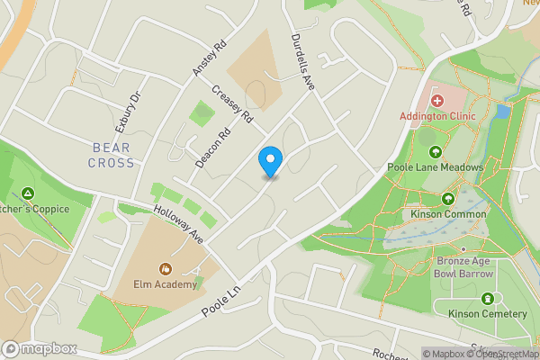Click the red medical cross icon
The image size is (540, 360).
pyautogui.click(x=437, y=101)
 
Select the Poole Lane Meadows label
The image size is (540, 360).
pyautogui.click(x=436, y=167)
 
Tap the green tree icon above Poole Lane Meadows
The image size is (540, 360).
pyautogui.click(x=436, y=151)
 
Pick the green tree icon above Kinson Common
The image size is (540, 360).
pyautogui.click(x=448, y=199)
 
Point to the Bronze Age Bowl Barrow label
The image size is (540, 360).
pyautogui.click(x=463, y=265)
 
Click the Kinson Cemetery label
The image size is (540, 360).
pyautogui.click(x=490, y=313)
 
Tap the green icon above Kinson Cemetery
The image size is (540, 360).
pyautogui.click(x=489, y=298)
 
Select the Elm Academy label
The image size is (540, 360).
pyautogui.click(x=166, y=284)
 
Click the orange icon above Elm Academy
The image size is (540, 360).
pyautogui.click(x=166, y=268)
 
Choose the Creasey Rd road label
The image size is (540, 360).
pyautogui.click(x=233, y=104)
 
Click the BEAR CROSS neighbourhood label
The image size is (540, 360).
pyautogui.click(x=112, y=155)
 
